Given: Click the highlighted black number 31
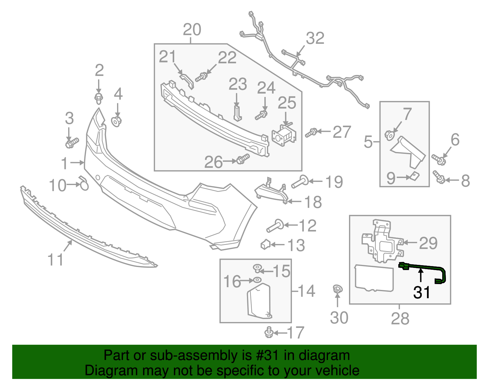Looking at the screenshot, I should point(422,292).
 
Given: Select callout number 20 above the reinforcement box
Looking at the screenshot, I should point(192,30).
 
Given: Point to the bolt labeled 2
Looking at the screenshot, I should point(98,98).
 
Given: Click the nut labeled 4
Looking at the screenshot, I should point(116,121).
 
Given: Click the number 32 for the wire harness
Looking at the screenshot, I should point(315,39).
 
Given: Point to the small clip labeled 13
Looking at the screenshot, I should point(265,244).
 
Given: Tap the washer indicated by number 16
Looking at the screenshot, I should point(257,280).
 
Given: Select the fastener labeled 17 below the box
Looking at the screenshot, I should point(269,332).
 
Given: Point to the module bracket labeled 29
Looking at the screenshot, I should point(382,242).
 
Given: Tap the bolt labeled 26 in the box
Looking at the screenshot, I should point(243,159).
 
